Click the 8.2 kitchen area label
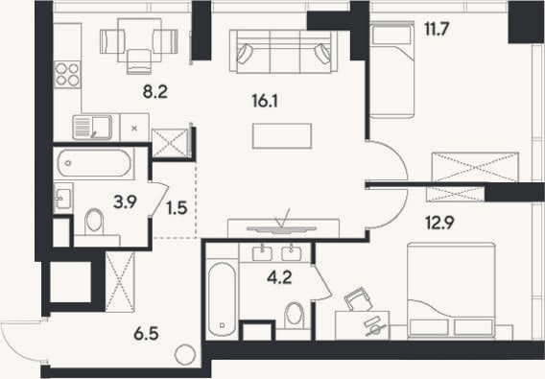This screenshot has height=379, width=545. [x=155, y=92]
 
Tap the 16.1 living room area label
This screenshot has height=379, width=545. [x=265, y=102]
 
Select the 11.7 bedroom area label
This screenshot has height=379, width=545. [x=438, y=29]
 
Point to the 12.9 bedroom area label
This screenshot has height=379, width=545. [x=440, y=223]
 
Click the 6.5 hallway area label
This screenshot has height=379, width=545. [x=147, y=334]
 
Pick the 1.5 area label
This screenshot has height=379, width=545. [x=177, y=208]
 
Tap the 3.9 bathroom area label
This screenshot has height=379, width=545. [x=125, y=202]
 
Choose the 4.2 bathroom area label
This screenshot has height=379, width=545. [x=280, y=277]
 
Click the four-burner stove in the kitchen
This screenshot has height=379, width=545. [x=67, y=75]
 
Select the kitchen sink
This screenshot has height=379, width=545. [x=92, y=128]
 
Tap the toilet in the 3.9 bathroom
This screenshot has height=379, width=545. [x=94, y=223]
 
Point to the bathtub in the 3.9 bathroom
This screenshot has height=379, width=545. [x=95, y=163]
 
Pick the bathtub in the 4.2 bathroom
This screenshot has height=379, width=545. [x=222, y=299]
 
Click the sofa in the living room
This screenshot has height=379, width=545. [x=284, y=52]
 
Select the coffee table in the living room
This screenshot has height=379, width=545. [x=282, y=136]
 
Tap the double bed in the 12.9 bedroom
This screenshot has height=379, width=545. [x=451, y=291]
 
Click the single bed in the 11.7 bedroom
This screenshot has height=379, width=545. [x=392, y=69]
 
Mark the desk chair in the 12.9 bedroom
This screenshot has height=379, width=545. [x=359, y=299]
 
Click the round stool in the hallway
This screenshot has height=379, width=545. [x=185, y=355]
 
